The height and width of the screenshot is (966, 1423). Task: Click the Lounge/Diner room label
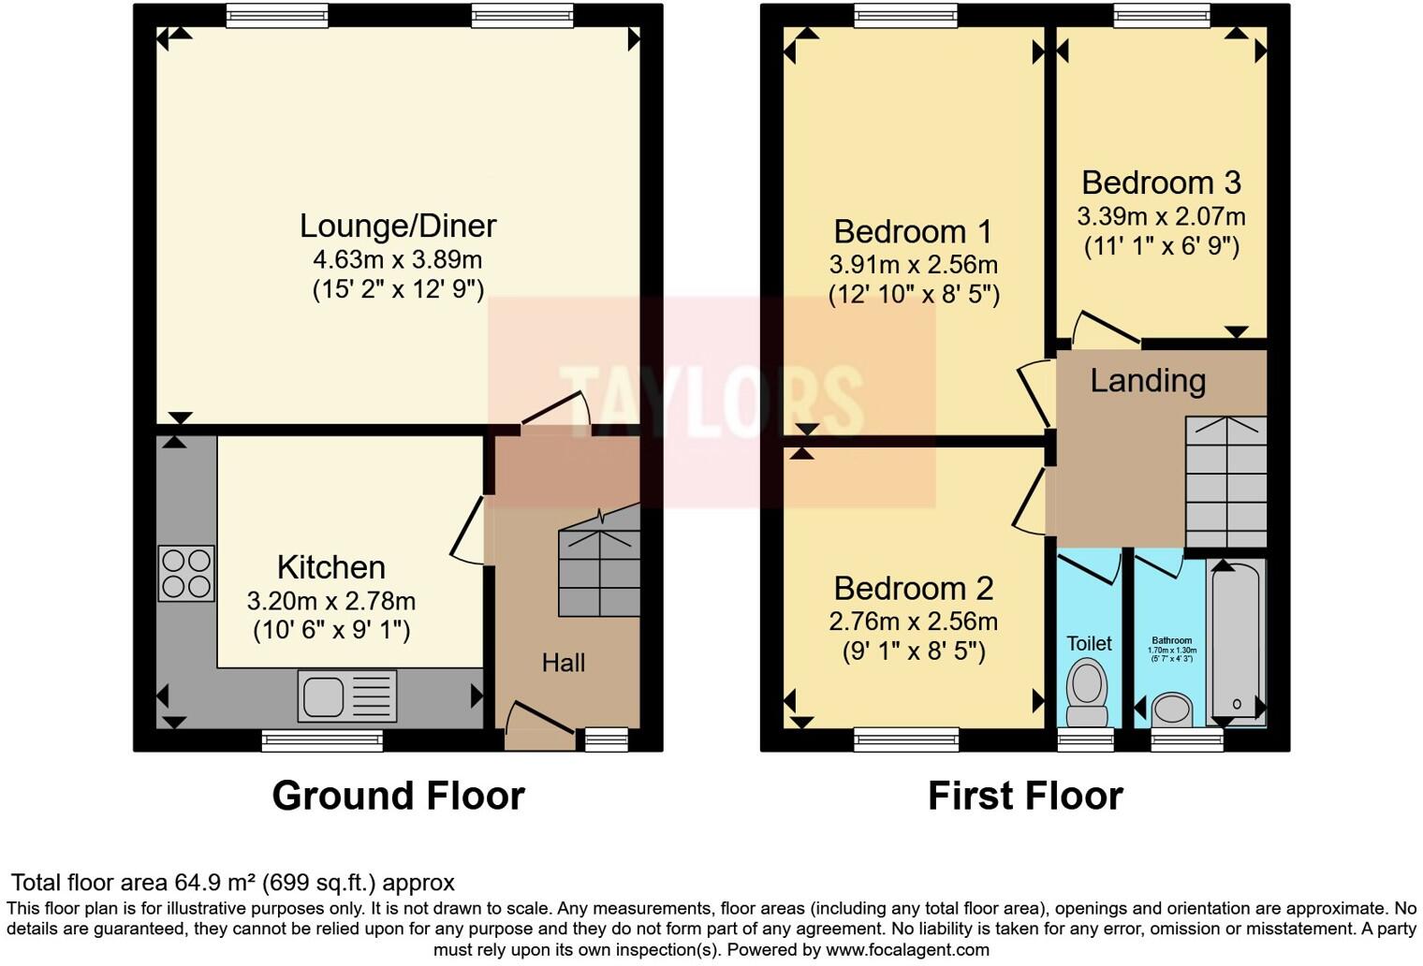[x=397, y=226]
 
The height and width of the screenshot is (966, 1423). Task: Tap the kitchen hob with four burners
[x=186, y=573]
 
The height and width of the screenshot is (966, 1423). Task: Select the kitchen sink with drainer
[x=346, y=696]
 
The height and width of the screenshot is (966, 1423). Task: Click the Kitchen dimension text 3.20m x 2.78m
[x=331, y=601]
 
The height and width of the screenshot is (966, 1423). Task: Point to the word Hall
[x=563, y=663]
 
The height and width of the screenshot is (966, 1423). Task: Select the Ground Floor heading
[x=398, y=796]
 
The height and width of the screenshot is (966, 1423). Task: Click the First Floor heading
[x=1025, y=796]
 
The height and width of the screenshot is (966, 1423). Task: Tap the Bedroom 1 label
[x=913, y=231]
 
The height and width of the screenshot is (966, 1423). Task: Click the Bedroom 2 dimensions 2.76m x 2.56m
[x=913, y=621]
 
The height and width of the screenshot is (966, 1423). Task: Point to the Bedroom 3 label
[x=1161, y=182]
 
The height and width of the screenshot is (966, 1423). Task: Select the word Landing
[x=1148, y=380]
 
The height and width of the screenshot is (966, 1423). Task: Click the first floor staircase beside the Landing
[x=1225, y=481]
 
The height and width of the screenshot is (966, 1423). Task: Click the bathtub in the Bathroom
[x=1237, y=641]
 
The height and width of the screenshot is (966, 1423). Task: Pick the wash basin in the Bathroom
[x=1172, y=709]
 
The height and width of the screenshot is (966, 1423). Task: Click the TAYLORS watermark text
[x=711, y=402]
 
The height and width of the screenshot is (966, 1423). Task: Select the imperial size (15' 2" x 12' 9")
[x=397, y=289]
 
